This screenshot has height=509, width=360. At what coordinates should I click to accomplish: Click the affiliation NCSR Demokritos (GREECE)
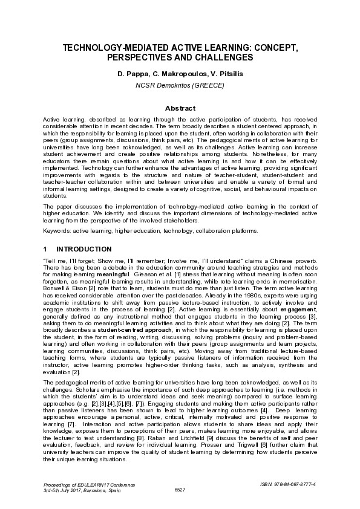coord(180,85)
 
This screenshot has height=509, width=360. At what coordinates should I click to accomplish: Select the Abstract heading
coord(180,108)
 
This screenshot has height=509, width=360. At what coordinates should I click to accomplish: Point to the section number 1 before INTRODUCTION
coord(45,249)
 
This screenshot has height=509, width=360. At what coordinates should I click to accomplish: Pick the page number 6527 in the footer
coord(180,490)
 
